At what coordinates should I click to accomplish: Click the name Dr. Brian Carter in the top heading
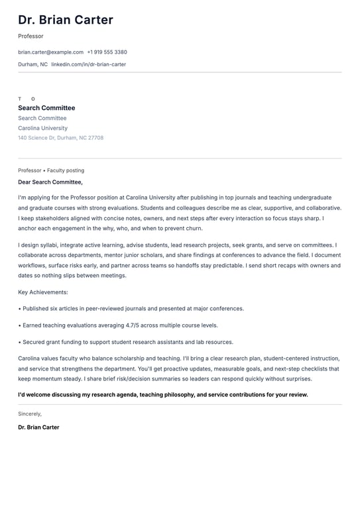(66, 21)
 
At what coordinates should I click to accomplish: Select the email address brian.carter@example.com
(50, 52)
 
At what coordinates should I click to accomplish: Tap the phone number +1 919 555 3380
(107, 52)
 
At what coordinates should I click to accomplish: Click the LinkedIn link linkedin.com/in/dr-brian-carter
(88, 64)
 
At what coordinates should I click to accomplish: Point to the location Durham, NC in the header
(32, 64)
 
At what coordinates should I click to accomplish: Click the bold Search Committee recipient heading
(46, 108)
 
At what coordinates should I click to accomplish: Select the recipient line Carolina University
(42, 128)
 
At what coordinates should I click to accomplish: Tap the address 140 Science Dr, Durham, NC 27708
(60, 138)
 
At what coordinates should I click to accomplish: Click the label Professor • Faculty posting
(51, 170)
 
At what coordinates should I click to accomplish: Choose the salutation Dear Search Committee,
(50, 182)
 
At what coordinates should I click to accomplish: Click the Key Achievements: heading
(43, 292)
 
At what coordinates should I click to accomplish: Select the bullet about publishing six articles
(133, 308)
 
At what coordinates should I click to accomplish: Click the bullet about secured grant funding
(127, 342)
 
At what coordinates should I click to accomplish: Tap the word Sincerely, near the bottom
(30, 414)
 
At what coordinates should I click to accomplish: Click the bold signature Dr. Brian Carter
(38, 427)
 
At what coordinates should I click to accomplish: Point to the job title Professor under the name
(30, 36)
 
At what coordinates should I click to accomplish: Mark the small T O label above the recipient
(27, 99)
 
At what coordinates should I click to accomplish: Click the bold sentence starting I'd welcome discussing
(163, 394)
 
